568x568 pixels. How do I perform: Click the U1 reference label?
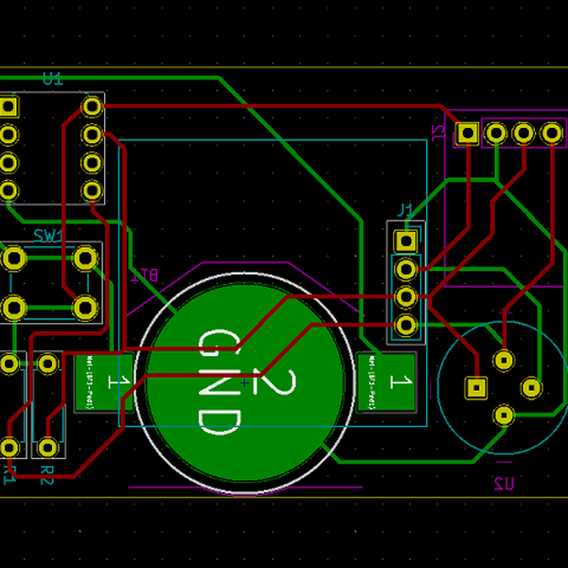point(52,80)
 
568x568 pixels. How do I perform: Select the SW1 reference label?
point(46,235)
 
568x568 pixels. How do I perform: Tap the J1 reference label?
point(405,209)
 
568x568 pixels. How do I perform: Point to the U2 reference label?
point(504,484)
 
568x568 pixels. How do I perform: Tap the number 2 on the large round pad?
point(275,383)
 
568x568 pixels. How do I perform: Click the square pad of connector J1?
point(406,240)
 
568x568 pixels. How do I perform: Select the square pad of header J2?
point(467,133)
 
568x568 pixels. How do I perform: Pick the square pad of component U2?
point(475,387)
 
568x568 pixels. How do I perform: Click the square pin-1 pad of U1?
point(9,106)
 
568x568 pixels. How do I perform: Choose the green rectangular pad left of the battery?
point(98,382)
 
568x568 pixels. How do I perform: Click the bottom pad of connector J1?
point(406,326)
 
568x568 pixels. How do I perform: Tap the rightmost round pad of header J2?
point(552,133)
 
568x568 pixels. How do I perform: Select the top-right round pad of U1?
point(92,106)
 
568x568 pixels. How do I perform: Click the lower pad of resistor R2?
point(47,447)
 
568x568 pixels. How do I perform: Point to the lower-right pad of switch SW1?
point(85,307)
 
